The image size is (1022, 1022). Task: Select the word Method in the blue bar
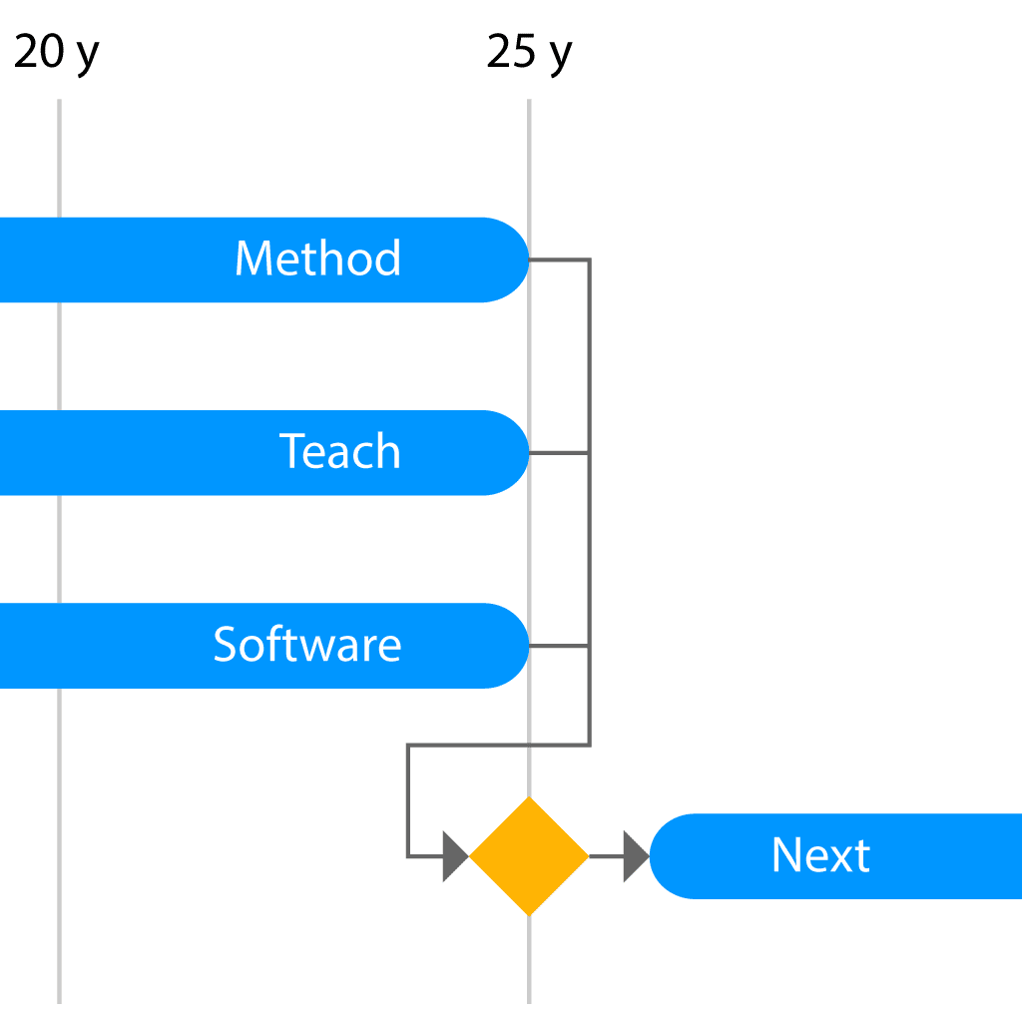[317, 258]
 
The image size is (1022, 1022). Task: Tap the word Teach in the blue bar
[339, 451]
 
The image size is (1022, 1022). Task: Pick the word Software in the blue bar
[307, 644]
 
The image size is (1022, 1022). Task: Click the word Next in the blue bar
[820, 854]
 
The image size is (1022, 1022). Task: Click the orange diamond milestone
[529, 855]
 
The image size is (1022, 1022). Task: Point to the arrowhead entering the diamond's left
[455, 855]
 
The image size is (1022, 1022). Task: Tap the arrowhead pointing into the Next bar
[636, 855]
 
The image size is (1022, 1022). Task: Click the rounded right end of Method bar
[515, 259]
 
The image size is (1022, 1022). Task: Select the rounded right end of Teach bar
[515, 452]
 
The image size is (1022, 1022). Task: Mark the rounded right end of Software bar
[515, 646]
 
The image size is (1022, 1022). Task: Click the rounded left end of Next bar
[664, 855]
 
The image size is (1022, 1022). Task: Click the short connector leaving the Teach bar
[559, 452]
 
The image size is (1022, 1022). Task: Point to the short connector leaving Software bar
[559, 646]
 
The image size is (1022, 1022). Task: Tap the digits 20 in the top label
[39, 51]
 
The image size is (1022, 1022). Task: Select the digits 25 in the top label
[512, 51]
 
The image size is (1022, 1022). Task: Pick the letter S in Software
[225, 644]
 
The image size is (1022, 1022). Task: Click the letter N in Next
[786, 854]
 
